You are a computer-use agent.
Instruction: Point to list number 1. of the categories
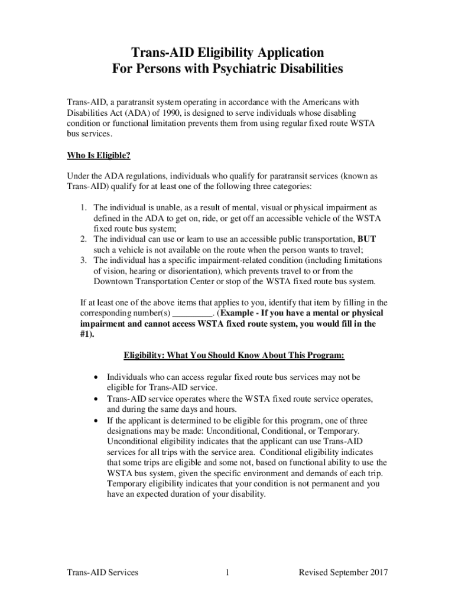tap(84, 208)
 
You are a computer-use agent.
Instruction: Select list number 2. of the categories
tap(84, 239)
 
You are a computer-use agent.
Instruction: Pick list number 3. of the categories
tap(84, 260)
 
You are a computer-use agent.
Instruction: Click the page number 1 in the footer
tap(227, 572)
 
